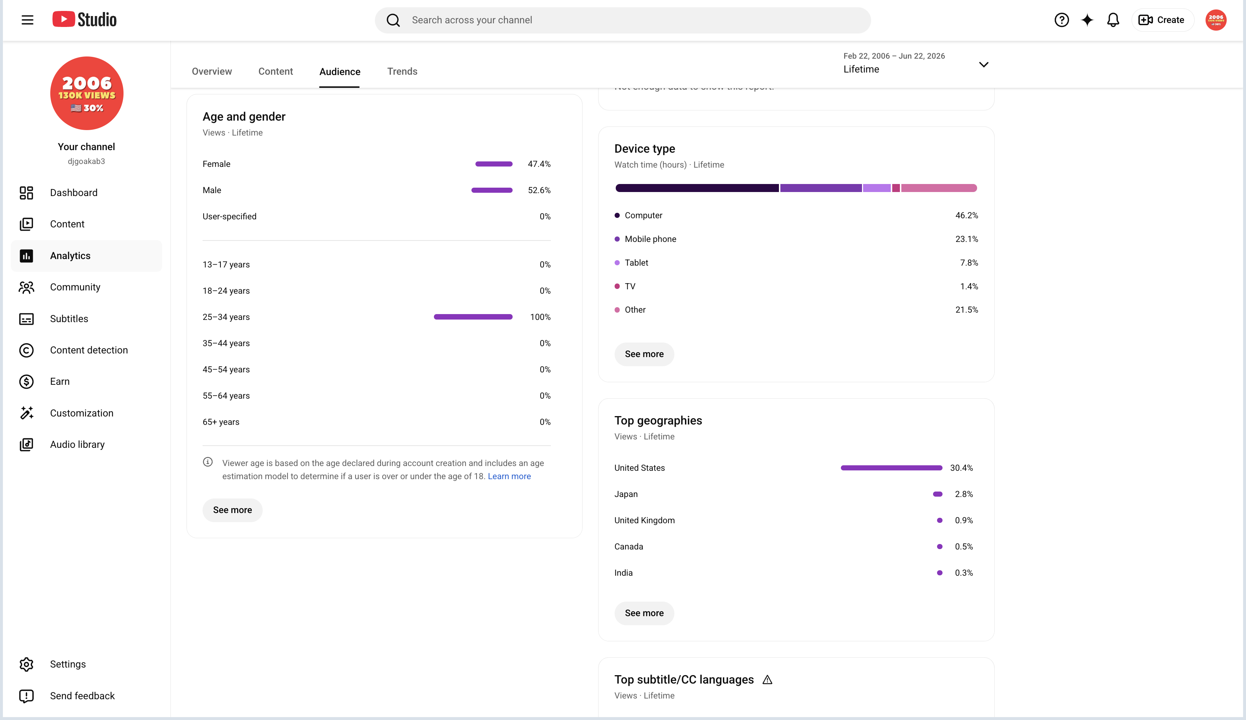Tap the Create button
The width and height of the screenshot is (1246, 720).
click(x=1162, y=20)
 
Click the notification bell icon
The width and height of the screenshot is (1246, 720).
click(x=1113, y=20)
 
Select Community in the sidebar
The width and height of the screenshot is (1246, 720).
click(x=75, y=287)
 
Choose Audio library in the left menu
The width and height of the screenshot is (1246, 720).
click(x=77, y=445)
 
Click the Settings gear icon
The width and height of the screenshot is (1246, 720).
click(x=26, y=664)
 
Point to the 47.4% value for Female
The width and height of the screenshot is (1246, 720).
click(x=539, y=164)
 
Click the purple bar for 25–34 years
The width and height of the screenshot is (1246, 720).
click(x=473, y=317)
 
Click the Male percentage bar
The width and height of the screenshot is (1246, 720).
click(x=492, y=190)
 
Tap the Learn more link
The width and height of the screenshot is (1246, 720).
click(x=509, y=476)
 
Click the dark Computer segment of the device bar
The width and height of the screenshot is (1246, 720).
click(x=697, y=188)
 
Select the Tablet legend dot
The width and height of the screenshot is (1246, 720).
click(x=617, y=263)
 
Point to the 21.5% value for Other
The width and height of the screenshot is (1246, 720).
click(x=967, y=310)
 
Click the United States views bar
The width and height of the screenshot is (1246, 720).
click(x=892, y=468)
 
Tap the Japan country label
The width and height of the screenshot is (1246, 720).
click(x=626, y=494)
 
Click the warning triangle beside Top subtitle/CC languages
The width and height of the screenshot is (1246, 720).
click(x=767, y=680)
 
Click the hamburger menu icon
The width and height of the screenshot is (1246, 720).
click(x=28, y=20)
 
